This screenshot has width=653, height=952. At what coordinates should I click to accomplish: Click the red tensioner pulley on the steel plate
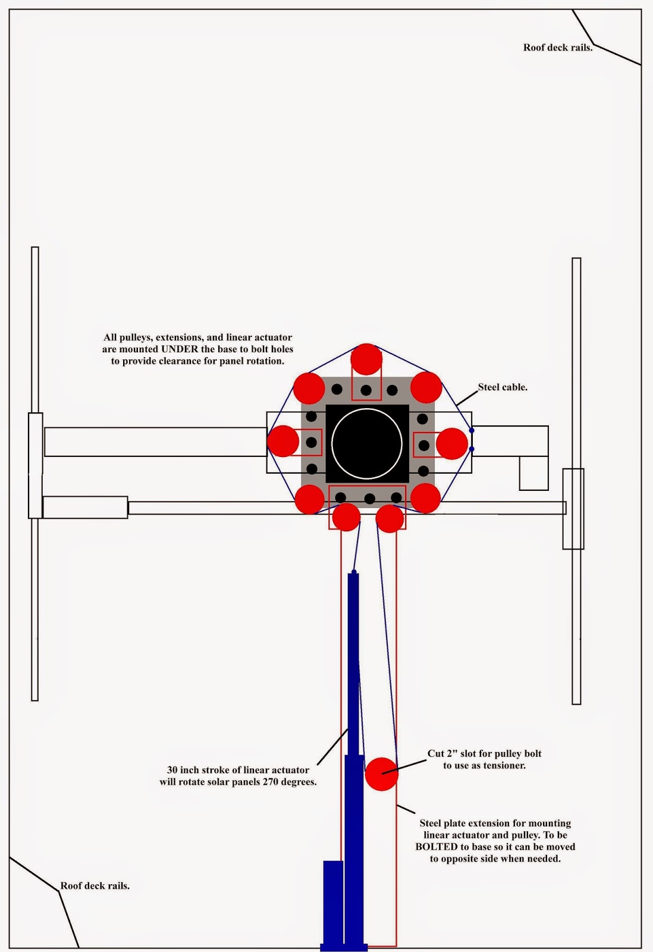(381, 773)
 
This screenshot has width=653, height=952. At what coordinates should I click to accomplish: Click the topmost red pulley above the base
(366, 359)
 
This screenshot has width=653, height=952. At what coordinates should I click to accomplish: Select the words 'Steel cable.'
(503, 387)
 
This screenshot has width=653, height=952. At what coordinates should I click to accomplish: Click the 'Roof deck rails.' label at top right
(557, 48)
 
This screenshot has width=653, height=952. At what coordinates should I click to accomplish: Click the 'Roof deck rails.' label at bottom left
(95, 886)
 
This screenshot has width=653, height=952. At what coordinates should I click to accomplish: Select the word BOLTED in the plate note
(438, 847)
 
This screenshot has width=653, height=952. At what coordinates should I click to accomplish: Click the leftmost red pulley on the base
(282, 441)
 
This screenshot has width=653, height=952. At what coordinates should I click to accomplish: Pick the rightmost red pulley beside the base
(452, 443)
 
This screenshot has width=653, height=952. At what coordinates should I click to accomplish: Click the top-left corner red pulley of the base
(309, 388)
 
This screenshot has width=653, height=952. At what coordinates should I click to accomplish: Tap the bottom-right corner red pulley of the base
(425, 498)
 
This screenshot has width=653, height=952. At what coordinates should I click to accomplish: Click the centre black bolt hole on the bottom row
(369, 499)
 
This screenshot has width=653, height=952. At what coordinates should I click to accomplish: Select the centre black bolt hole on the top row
(366, 390)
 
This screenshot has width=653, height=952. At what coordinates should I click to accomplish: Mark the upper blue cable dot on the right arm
(472, 430)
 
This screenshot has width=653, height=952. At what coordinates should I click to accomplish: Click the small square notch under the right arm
(533, 473)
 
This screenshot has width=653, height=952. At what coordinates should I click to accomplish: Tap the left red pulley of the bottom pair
(346, 517)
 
